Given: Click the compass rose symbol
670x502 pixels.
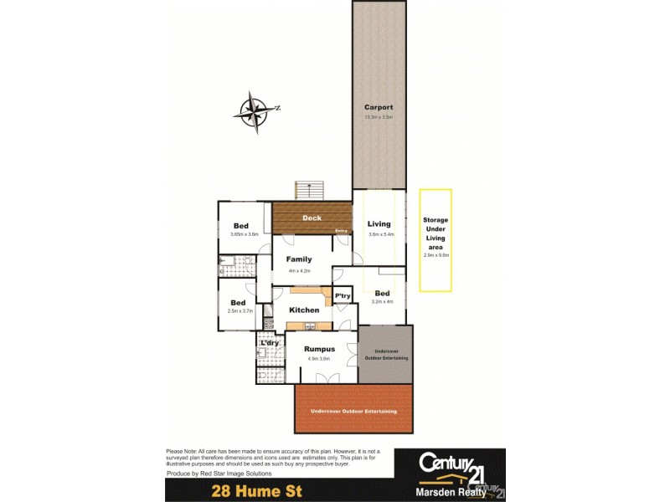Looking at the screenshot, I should click(255, 112).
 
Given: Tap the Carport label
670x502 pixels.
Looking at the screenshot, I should click(378, 107).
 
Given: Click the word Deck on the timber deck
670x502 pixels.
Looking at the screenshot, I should click(312, 218).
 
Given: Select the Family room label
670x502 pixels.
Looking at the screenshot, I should click(299, 259).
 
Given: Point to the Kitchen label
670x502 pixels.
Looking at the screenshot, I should click(304, 310).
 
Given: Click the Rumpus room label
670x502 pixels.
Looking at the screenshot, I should click(319, 349).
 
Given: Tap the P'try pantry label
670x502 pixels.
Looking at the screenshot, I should click(343, 297).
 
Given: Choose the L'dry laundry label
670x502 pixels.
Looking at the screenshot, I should click(270, 343).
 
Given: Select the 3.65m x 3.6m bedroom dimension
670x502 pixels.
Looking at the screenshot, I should click(242, 235).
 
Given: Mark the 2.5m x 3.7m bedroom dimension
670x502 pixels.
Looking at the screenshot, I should click(239, 311).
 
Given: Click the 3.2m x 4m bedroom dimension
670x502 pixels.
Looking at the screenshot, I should click(382, 301).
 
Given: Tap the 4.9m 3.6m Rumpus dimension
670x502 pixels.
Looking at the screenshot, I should click(319, 358).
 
